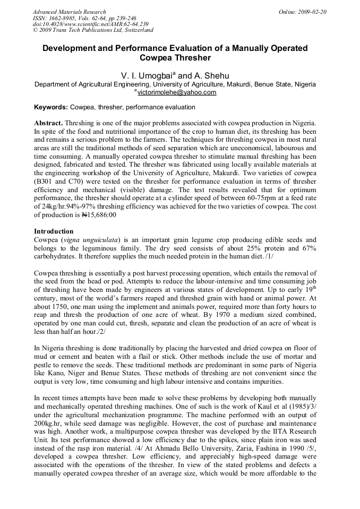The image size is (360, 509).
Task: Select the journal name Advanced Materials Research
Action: pos(70,12)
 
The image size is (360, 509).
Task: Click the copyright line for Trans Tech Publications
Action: pos(93,30)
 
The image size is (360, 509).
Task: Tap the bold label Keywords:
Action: pos(51,107)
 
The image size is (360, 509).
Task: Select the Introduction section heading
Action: pos(54,231)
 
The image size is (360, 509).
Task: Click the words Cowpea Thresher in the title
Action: pos(175,58)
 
